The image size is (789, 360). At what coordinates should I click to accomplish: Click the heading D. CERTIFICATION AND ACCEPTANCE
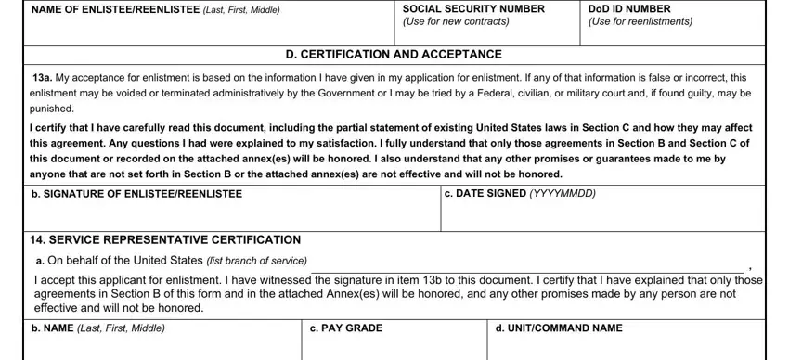coord(394,55)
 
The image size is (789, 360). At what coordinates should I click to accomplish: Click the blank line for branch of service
coord(529,264)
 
